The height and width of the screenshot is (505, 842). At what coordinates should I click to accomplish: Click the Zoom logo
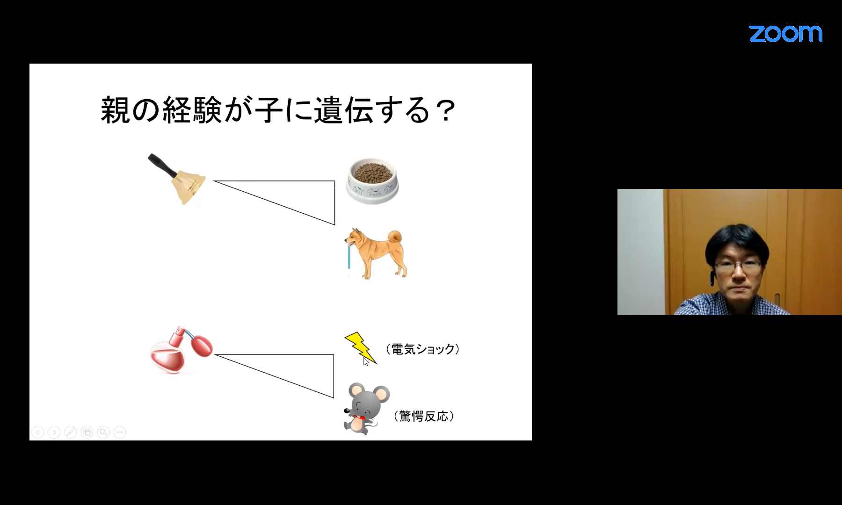point(785,34)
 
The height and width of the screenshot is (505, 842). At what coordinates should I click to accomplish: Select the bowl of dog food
point(372,180)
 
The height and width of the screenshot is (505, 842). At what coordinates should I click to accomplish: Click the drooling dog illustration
point(376,253)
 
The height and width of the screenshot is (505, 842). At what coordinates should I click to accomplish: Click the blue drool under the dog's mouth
point(349,258)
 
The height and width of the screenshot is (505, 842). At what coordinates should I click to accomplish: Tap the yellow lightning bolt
point(360,348)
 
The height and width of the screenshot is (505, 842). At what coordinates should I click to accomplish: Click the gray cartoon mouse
point(366,408)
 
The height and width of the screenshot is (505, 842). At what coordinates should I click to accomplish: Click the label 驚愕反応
point(424,416)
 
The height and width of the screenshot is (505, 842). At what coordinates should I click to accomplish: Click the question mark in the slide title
point(443,110)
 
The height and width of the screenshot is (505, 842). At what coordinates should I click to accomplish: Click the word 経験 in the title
point(192,110)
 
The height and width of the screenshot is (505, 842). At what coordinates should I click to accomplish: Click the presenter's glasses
point(738,267)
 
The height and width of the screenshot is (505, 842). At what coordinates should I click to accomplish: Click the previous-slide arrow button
point(38,433)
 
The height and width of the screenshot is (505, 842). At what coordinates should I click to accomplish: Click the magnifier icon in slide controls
point(103,433)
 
